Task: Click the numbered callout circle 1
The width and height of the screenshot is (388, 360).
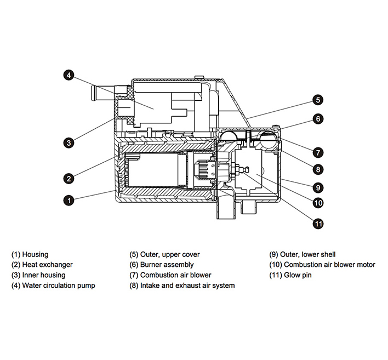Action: point(69,200)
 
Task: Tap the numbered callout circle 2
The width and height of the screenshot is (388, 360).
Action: point(69,178)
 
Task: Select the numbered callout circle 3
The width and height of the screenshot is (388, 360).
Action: point(69,142)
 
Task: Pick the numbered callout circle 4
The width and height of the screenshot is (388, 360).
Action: point(69,76)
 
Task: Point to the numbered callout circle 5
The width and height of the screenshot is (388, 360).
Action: point(318,100)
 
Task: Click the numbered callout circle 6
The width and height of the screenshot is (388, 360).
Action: point(318,118)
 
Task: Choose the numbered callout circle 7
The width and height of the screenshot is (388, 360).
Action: point(318,152)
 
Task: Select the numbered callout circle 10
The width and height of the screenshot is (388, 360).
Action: point(318,203)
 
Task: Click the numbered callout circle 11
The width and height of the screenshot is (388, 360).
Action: point(318,223)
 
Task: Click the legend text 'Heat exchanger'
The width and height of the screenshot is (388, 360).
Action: point(42,265)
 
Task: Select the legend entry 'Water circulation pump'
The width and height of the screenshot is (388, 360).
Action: point(53,285)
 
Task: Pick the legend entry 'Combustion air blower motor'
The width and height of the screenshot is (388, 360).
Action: point(322,265)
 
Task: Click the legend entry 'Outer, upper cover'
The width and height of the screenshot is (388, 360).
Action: point(164,254)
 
